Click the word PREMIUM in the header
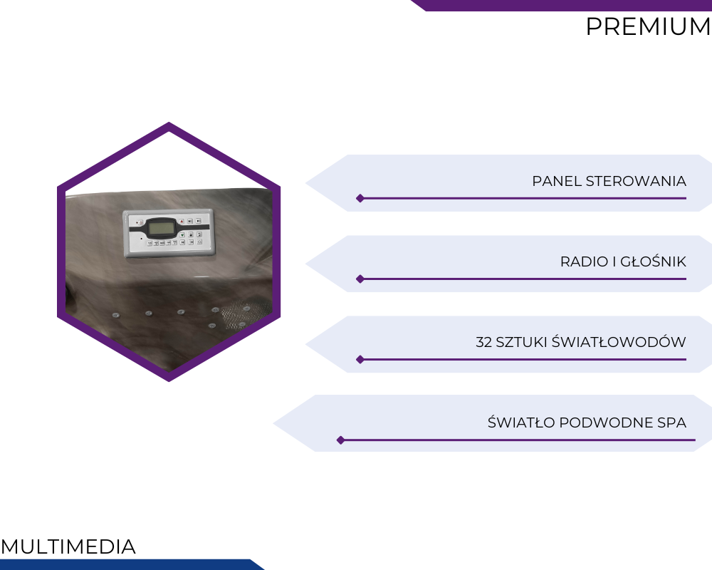click(x=649, y=26)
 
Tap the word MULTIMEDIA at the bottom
click(x=68, y=546)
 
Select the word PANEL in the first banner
click(x=557, y=181)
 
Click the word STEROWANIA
click(x=636, y=181)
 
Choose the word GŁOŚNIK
click(x=653, y=261)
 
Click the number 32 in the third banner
click(x=483, y=342)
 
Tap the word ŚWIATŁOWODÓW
click(x=619, y=341)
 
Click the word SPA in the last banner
click(x=671, y=423)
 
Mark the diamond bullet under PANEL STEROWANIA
click(x=360, y=198)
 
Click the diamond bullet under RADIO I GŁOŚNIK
click(x=360, y=279)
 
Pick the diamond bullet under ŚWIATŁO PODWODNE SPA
click(x=340, y=440)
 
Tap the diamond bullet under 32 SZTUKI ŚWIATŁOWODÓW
click(x=360, y=360)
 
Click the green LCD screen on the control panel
click(x=162, y=227)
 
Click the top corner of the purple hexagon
click(x=169, y=123)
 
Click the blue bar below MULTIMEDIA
click(x=132, y=564)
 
